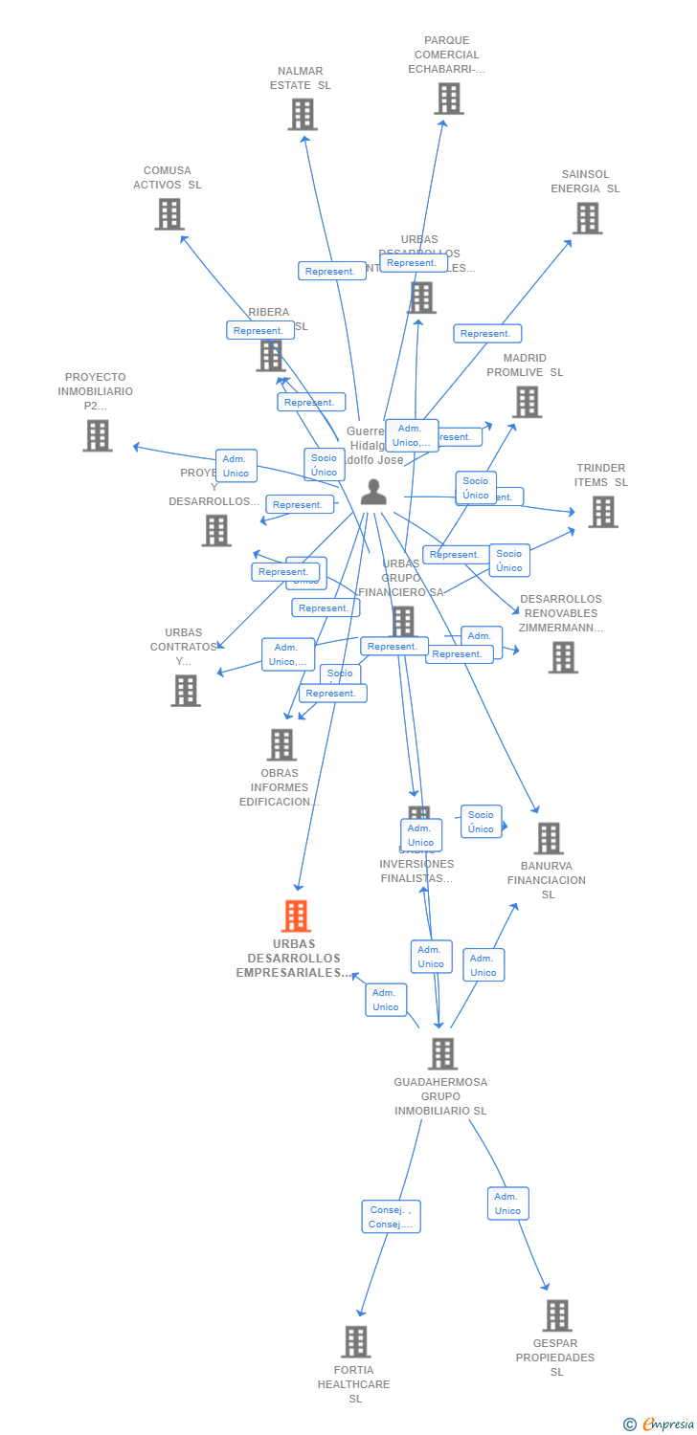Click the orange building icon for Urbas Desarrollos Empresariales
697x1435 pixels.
[296, 916]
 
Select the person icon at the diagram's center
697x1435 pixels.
[373, 493]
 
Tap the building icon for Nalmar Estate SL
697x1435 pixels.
[302, 115]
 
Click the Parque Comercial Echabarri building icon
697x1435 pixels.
[448, 99]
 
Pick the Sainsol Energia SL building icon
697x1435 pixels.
[587, 218]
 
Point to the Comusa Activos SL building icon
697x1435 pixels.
[169, 214]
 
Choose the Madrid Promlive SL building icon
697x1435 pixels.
[527, 402]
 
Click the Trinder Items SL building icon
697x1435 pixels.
[602, 512]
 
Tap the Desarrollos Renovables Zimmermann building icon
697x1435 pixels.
[563, 657]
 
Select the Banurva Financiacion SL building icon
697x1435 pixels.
[548, 838]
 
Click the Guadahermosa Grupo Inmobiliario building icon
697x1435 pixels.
[441, 1053]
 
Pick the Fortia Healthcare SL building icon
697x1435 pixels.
[355, 1341]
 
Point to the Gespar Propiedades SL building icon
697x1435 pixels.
[557, 1315]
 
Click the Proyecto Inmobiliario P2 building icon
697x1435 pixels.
[97, 435]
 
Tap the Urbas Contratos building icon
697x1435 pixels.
[185, 690]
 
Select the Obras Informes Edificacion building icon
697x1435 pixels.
[281, 744]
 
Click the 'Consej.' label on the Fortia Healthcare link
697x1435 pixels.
[391, 1217]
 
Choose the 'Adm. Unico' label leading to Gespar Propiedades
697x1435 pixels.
[507, 1203]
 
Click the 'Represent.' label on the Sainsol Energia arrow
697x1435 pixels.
[486, 334]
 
